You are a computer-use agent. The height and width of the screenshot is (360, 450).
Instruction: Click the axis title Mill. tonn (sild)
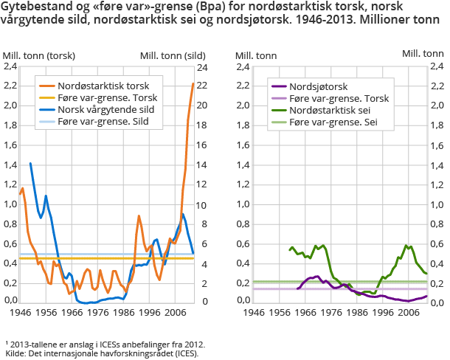click(x=172, y=55)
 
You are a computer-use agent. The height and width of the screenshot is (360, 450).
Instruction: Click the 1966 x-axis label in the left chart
click(x=72, y=313)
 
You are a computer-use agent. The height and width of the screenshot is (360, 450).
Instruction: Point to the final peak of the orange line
click(x=193, y=83)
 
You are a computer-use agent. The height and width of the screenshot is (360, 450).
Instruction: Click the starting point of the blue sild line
click(x=30, y=163)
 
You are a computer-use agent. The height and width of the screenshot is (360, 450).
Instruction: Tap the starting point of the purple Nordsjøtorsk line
click(x=297, y=288)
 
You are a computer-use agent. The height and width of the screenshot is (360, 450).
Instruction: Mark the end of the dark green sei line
click(x=426, y=274)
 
